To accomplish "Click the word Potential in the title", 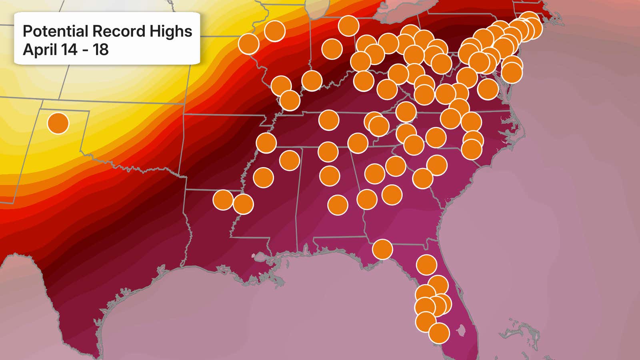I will click(55, 31).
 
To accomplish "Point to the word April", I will click(40, 50).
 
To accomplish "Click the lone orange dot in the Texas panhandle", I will click(58, 123).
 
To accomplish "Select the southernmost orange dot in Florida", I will click(439, 333).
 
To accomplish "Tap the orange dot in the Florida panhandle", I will click(382, 249).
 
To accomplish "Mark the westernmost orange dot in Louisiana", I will click(223, 200).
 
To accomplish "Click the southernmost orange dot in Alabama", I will click(338, 205).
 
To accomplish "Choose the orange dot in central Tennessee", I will click(329, 120).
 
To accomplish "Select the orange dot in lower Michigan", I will click(348, 26).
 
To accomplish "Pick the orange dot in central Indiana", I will click(332, 49).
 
